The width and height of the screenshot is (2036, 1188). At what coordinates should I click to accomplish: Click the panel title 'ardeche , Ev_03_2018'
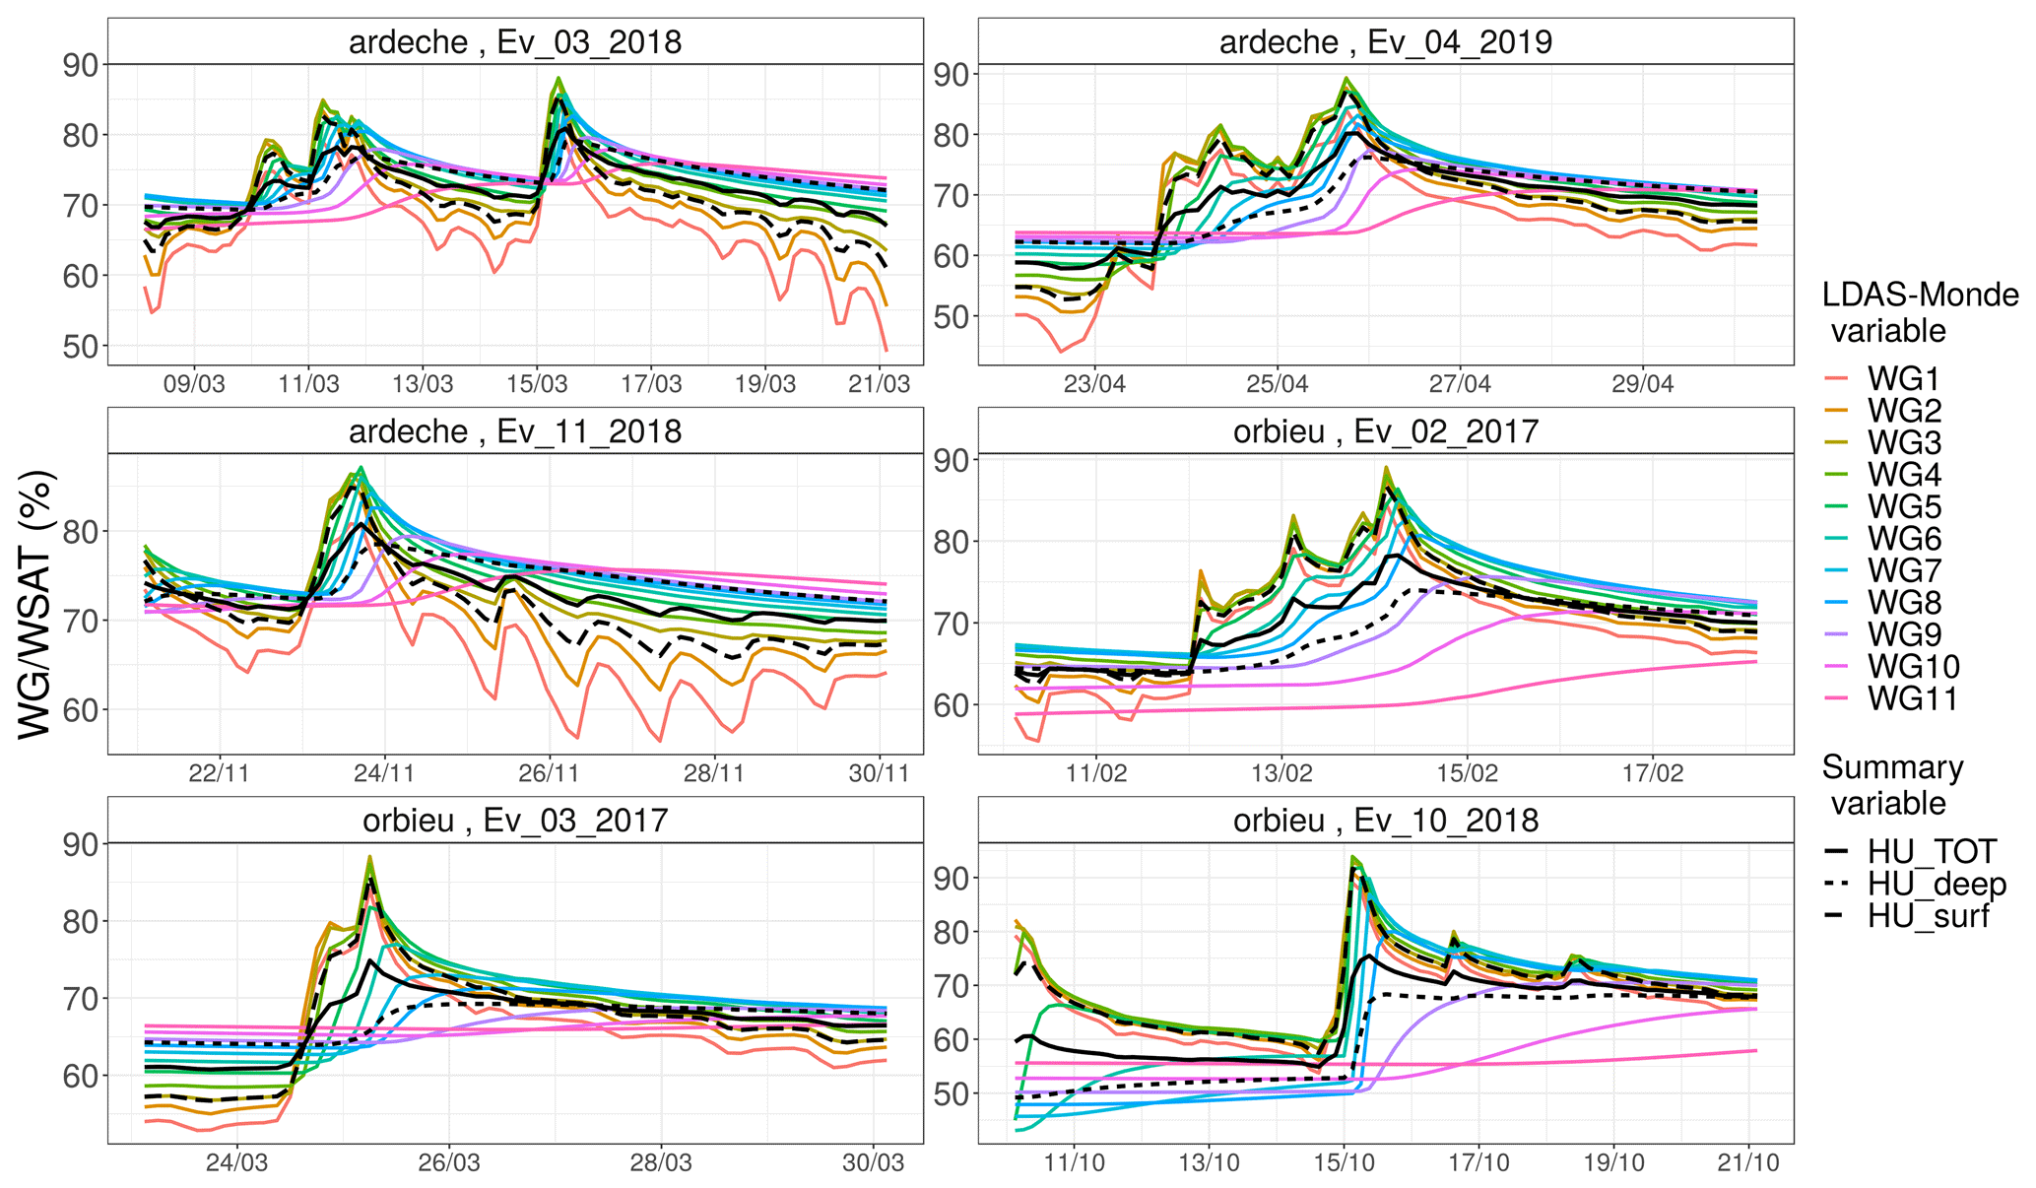click(514, 42)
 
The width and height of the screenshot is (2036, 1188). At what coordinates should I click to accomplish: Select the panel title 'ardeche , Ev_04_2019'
click(1385, 42)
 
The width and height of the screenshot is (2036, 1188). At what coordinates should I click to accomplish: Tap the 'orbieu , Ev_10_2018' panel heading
click(1385, 821)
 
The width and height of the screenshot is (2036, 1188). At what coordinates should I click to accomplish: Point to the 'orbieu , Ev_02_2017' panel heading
click(1385, 431)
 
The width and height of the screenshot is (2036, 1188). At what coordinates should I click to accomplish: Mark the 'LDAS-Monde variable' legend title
click(1919, 312)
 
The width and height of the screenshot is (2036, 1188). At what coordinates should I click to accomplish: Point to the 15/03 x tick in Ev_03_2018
click(537, 384)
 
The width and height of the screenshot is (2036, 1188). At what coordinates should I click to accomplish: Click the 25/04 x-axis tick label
click(1277, 384)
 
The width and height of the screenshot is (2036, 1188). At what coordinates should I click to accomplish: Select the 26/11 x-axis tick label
click(549, 773)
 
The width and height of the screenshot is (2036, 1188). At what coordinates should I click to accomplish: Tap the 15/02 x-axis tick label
click(1467, 773)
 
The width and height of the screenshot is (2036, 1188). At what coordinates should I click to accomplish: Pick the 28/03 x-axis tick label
click(661, 1162)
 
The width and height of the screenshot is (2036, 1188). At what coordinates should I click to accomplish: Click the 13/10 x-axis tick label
click(1209, 1162)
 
